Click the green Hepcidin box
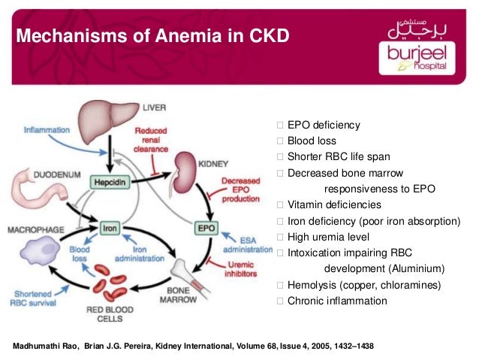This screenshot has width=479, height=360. pos(110,183)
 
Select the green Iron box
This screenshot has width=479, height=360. pos(110,228)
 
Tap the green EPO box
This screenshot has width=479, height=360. pos(206,228)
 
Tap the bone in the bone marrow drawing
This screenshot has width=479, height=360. pos(189,276)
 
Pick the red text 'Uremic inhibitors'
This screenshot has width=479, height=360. pos(241,269)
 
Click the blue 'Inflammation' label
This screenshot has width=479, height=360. pos(47,130)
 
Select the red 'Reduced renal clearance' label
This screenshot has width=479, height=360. pos(151,140)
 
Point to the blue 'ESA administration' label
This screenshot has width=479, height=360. pos(248,245)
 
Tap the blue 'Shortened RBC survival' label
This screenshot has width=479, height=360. pos(33,298)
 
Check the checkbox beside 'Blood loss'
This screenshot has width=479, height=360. pos(280,141)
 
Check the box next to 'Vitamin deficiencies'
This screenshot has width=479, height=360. pos(280,204)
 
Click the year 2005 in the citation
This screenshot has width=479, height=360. pos(321,346)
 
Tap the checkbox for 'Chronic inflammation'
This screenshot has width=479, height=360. pos(280,301)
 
